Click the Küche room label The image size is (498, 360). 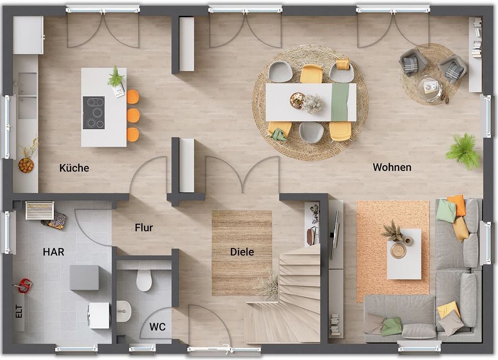[74, 168]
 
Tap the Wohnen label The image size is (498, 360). [392, 167]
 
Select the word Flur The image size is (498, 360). [144, 228]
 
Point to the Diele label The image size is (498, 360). [242, 252]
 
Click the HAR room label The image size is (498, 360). [54, 252]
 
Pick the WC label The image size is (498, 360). [158, 327]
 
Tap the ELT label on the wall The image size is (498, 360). [19, 312]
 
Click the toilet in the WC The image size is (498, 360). [144, 280]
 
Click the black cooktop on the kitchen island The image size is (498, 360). [94, 113]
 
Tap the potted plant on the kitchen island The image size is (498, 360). [116, 77]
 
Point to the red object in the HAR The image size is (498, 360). [24, 285]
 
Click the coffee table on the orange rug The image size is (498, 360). [404, 254]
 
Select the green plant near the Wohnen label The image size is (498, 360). [463, 151]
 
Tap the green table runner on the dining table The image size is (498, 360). [340, 102]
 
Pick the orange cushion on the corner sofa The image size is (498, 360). [458, 204]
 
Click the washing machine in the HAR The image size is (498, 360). [99, 315]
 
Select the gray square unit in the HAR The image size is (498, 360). [84, 278]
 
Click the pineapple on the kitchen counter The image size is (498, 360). [26, 165]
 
